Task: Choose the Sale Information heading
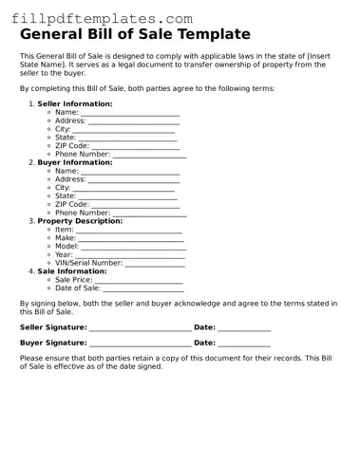point(71,271)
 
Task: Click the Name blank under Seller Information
point(130,113)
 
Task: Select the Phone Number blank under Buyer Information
point(150,214)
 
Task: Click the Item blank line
point(128,231)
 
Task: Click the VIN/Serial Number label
point(88,263)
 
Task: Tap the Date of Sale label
point(77,288)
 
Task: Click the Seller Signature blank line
point(140,329)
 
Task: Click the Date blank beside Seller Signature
point(244,329)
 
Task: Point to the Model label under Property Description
point(66,246)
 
